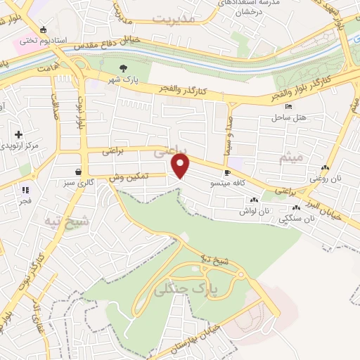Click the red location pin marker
(x=181, y=166)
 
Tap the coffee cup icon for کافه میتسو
(x=226, y=172)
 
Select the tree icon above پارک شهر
(x=124, y=68)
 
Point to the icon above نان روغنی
(x=325, y=168)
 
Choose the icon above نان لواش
(x=255, y=200)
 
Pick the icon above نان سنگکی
(x=297, y=208)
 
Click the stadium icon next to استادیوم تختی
(x=44, y=30)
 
